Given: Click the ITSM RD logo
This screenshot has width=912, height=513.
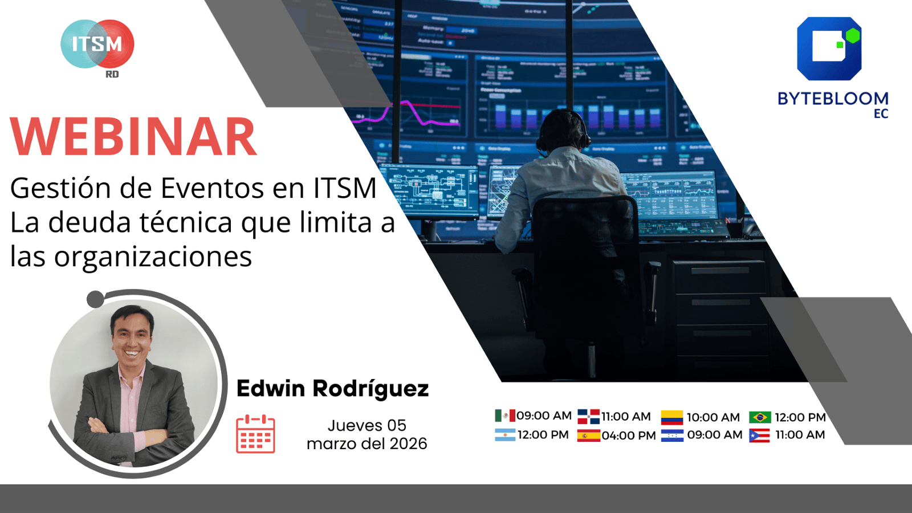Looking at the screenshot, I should (97, 46).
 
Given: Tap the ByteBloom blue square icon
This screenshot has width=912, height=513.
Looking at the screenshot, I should (829, 48).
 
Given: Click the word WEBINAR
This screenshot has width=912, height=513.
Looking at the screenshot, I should (133, 137).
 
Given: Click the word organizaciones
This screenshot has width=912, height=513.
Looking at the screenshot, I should (153, 256).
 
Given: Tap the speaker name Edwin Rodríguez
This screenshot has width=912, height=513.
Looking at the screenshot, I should (332, 389).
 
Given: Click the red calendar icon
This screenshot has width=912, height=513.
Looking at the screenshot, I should (255, 434).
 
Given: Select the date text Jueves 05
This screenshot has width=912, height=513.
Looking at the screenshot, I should (367, 425).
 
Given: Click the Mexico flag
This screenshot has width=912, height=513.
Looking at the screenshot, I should (504, 416).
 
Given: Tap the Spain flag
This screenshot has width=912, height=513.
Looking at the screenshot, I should (588, 436).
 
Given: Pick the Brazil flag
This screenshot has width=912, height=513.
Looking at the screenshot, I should (760, 417).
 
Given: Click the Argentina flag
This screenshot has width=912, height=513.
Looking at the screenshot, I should (504, 435).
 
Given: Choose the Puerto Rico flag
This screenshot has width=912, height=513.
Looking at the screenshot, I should (759, 435).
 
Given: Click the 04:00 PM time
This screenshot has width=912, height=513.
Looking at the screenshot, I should (629, 435).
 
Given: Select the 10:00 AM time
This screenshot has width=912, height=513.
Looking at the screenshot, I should (713, 417).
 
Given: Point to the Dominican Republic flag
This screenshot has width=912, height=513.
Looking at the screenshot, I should (588, 416).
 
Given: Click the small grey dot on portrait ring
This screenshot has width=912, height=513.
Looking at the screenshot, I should (95, 299).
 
